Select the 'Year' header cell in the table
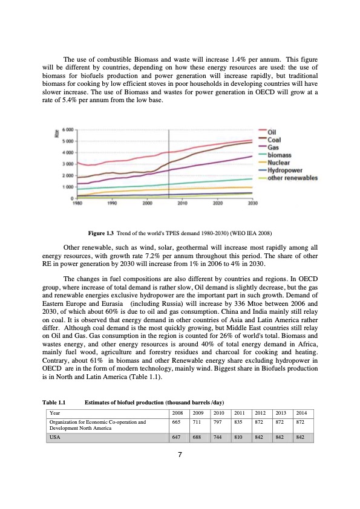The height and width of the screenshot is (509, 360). point(56,412)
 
